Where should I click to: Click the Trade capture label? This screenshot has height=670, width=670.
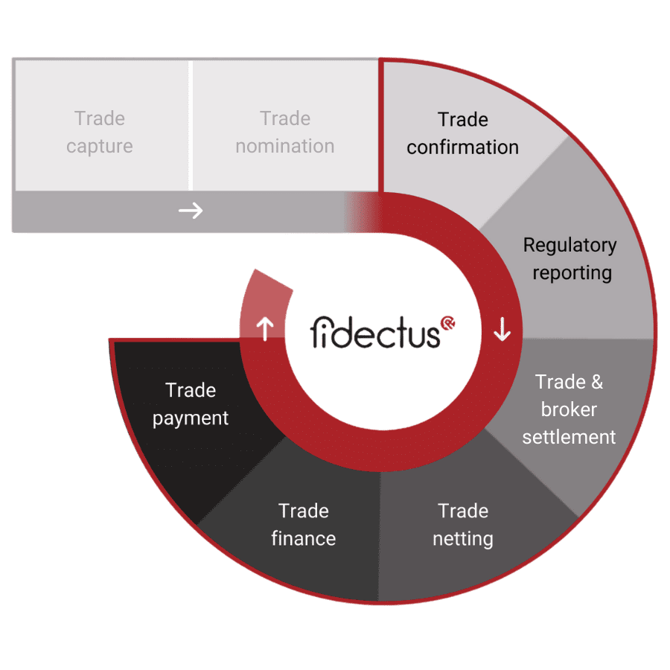(100, 133)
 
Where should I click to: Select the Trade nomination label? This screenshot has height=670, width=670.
(285, 133)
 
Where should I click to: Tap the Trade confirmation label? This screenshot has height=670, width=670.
(462, 133)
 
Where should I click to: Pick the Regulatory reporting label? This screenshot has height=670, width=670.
(570, 258)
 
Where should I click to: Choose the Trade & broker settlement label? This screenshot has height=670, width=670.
(569, 409)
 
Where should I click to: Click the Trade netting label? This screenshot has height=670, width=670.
(463, 524)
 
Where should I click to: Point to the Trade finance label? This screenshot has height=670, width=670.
(304, 524)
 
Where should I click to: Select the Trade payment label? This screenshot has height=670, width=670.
(191, 404)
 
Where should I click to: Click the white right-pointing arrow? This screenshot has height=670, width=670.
(191, 211)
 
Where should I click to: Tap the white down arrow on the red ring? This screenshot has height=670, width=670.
(502, 328)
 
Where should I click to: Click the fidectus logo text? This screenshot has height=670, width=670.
(375, 333)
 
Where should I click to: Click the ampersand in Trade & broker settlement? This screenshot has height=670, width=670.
(596, 383)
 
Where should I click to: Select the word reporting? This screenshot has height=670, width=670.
(572, 272)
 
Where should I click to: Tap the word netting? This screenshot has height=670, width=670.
(463, 537)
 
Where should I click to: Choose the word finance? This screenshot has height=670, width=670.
(304, 537)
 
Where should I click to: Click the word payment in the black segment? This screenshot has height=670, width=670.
(191, 418)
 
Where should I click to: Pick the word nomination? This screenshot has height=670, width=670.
(285, 146)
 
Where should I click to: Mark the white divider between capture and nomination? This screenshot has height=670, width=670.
(191, 125)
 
